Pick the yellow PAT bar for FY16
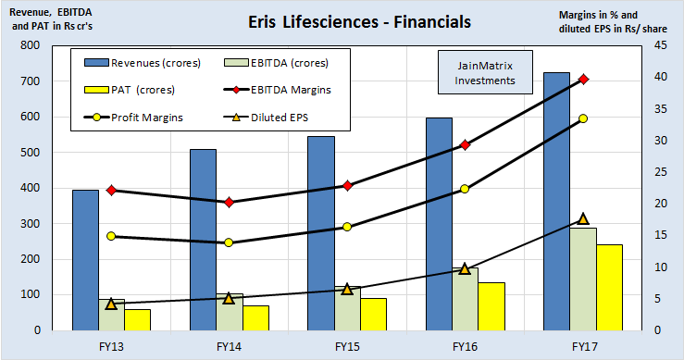click(491, 306)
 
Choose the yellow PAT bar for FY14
click(255, 317)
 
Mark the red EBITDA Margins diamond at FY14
click(230, 202)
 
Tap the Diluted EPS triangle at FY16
click(465, 268)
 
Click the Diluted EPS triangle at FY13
click(111, 304)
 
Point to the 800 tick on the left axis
click(31, 45)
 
